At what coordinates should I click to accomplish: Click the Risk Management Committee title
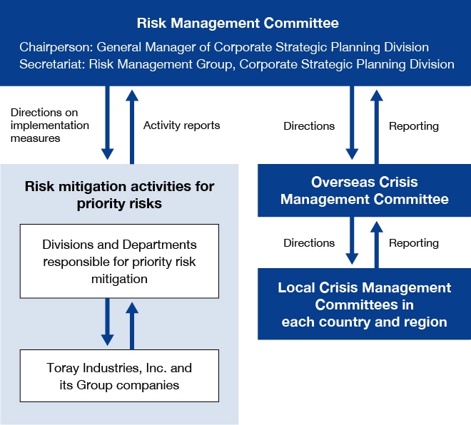[x=238, y=23]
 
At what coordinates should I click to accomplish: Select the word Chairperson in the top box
[x=56, y=47]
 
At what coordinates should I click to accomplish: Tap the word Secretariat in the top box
[x=51, y=64]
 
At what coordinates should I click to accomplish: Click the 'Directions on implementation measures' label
[x=50, y=126]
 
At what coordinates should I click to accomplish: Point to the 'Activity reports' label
[x=181, y=126]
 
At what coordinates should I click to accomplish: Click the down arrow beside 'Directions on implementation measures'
[x=107, y=123]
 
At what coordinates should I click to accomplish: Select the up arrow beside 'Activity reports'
[x=132, y=127]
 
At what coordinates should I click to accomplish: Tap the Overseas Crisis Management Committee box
[x=365, y=190]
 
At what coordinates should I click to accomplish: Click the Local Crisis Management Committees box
[x=365, y=304]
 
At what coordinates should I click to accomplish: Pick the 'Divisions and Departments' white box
[x=120, y=261]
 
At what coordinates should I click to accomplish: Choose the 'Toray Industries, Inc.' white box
[x=120, y=376]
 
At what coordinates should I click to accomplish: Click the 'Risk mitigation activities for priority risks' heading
[x=119, y=195]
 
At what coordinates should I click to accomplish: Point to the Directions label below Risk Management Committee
[x=309, y=126]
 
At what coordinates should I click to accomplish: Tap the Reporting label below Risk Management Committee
[x=414, y=126]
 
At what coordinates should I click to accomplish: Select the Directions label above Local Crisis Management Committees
[x=309, y=243]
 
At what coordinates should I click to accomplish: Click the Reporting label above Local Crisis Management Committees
[x=414, y=243]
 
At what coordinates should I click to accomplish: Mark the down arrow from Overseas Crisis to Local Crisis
[x=352, y=240]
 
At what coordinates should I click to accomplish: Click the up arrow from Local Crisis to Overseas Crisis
[x=376, y=245]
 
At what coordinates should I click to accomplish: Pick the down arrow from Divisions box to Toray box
[x=107, y=322]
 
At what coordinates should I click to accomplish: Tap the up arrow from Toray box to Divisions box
[x=132, y=326]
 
